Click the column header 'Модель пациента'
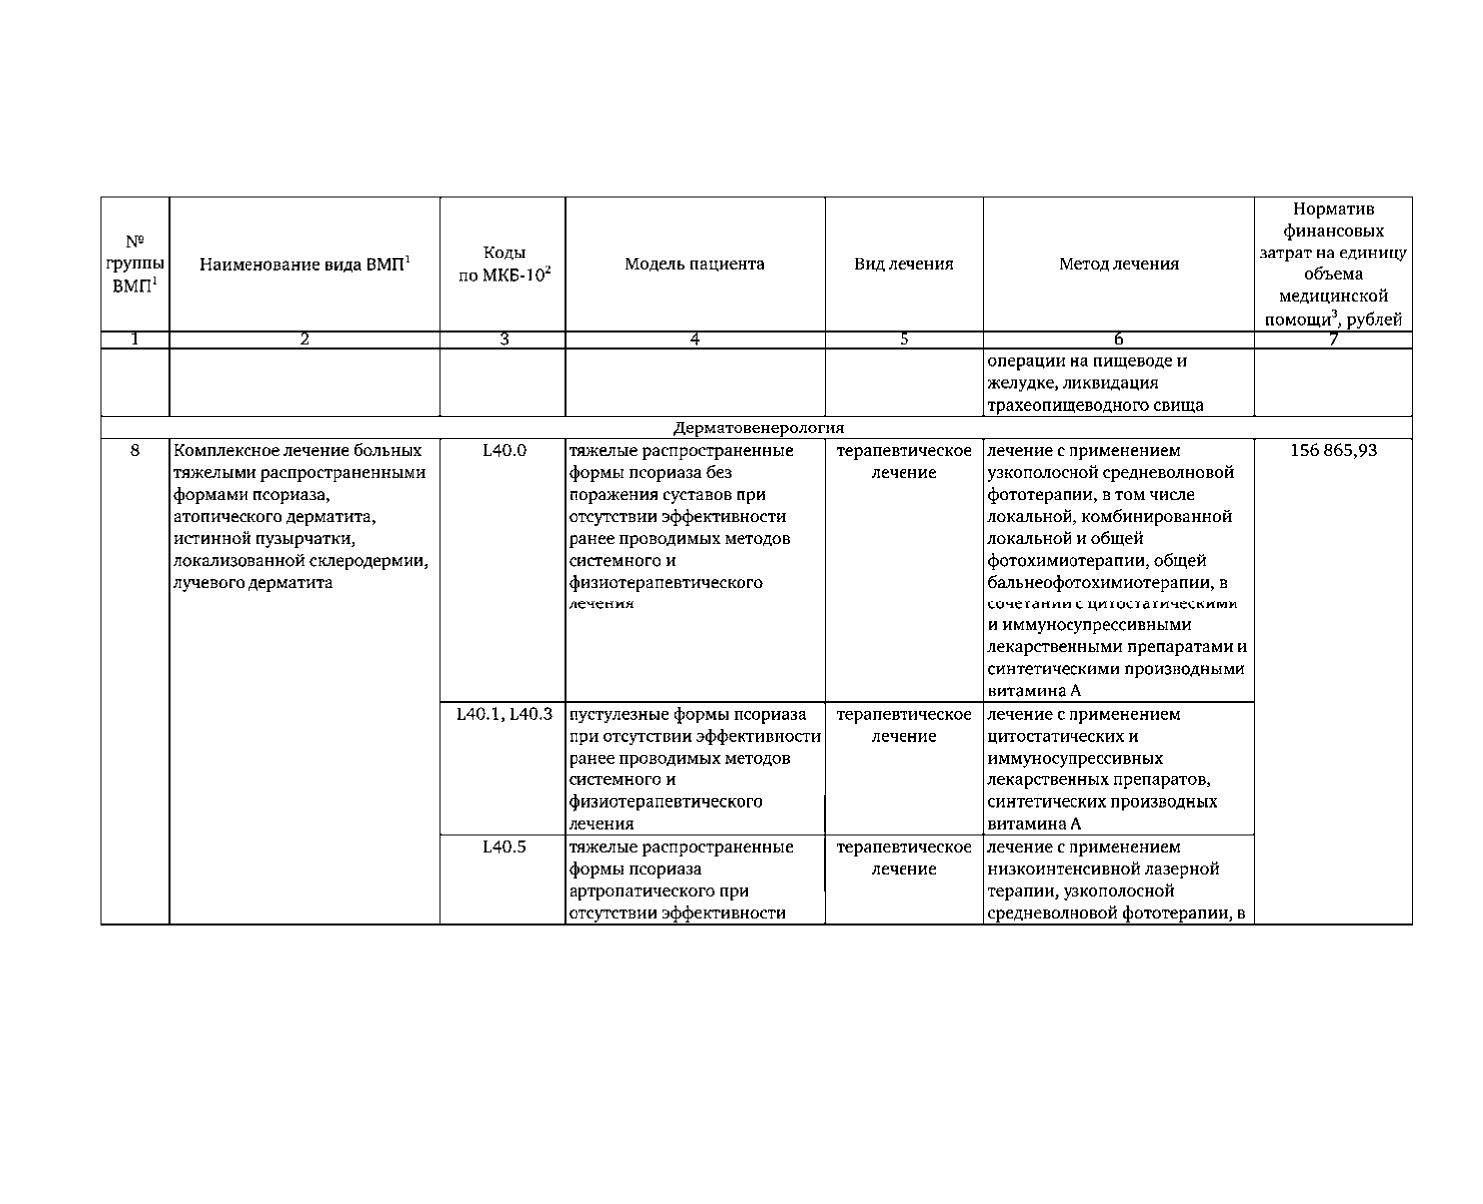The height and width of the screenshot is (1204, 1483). (695, 264)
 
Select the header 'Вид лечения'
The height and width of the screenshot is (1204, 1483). (904, 264)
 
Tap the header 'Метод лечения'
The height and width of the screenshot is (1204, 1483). (1118, 264)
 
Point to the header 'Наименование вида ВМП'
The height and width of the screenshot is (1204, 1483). (304, 264)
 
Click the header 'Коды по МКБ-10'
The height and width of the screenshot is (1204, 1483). (503, 264)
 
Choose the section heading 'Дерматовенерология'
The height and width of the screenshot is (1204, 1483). (757, 428)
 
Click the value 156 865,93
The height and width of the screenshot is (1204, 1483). (1333, 450)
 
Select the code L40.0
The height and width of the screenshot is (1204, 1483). (503, 450)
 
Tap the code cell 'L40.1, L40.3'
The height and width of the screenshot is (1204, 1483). (503, 714)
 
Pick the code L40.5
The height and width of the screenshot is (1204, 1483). (503, 847)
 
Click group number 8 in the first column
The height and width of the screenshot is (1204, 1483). (135, 450)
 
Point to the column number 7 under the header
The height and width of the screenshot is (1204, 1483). (1333, 339)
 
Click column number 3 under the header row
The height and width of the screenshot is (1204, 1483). (503, 339)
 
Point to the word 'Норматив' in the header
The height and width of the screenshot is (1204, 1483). (1333, 209)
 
